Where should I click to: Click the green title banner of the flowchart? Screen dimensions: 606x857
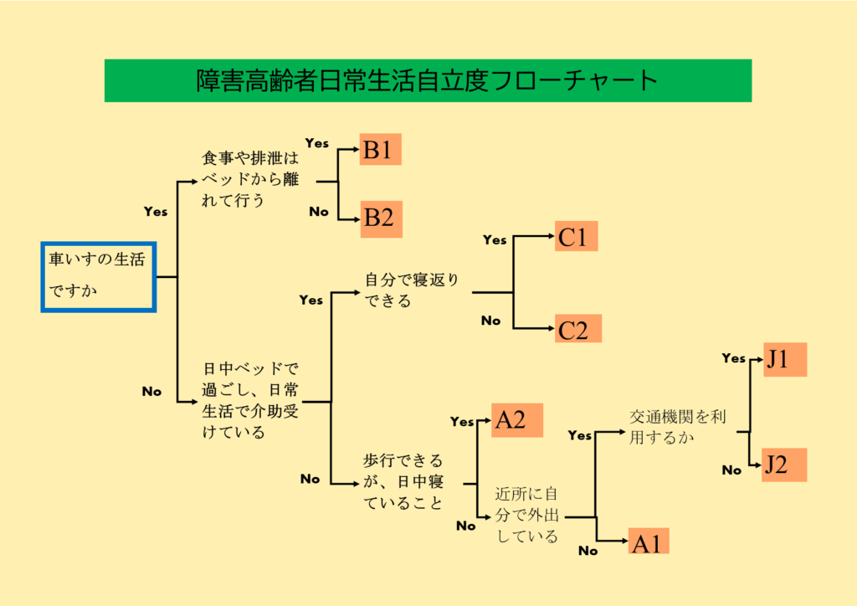(428, 80)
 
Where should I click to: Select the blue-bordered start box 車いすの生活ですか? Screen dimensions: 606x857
(99, 277)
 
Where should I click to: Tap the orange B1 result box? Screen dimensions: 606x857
(380, 150)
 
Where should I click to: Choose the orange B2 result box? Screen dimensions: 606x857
(380, 218)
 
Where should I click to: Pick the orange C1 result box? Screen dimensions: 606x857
(577, 237)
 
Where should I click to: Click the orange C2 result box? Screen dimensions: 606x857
(577, 329)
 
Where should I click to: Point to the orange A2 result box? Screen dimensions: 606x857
(517, 419)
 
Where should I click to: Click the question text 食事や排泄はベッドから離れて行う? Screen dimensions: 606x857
(249, 178)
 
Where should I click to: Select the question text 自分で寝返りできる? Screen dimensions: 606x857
(411, 290)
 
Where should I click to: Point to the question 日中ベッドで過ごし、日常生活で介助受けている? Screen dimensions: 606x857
(252, 400)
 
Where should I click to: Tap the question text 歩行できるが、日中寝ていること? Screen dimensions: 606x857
(404, 481)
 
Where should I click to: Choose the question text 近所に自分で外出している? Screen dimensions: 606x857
(527, 515)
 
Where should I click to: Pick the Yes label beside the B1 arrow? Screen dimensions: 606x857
(317, 143)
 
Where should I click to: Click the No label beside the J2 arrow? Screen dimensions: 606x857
(731, 470)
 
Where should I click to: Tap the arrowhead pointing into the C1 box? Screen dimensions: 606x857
(550, 237)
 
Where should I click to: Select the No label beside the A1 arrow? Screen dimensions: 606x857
(588, 551)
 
